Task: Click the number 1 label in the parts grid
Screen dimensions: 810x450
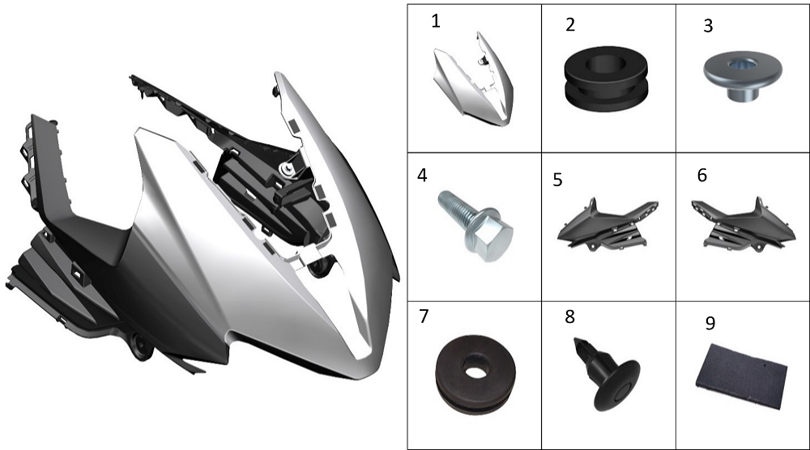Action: click(x=436, y=21)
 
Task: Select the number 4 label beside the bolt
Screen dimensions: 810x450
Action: click(x=422, y=176)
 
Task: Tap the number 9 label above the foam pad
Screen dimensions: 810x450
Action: click(x=710, y=323)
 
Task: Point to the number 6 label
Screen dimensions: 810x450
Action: click(x=702, y=176)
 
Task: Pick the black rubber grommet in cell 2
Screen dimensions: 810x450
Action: click(x=606, y=78)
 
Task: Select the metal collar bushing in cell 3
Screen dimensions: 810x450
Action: click(x=742, y=74)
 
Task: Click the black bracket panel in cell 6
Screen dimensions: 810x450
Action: click(x=744, y=225)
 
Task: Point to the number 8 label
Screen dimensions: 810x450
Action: click(x=569, y=316)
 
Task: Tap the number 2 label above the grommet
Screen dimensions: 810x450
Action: click(x=570, y=25)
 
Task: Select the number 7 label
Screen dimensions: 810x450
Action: click(x=424, y=316)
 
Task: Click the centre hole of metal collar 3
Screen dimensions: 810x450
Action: click(x=742, y=65)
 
